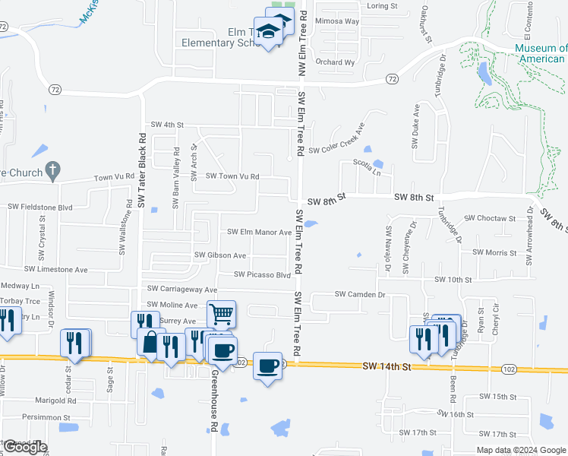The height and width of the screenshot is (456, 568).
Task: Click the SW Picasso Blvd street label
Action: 263,274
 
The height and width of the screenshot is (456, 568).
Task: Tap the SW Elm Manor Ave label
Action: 260,233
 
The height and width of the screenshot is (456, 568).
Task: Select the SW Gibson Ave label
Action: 220,255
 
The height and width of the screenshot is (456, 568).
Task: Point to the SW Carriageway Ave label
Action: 182,290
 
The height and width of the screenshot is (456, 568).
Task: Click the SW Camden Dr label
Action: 361,294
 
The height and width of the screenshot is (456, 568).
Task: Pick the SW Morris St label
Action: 494,252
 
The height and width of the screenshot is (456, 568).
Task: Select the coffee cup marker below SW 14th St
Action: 267,366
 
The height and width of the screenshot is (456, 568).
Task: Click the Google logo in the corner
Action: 25,448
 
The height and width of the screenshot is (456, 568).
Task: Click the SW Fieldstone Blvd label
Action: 39,207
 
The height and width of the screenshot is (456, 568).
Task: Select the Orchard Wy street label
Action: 335,62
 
